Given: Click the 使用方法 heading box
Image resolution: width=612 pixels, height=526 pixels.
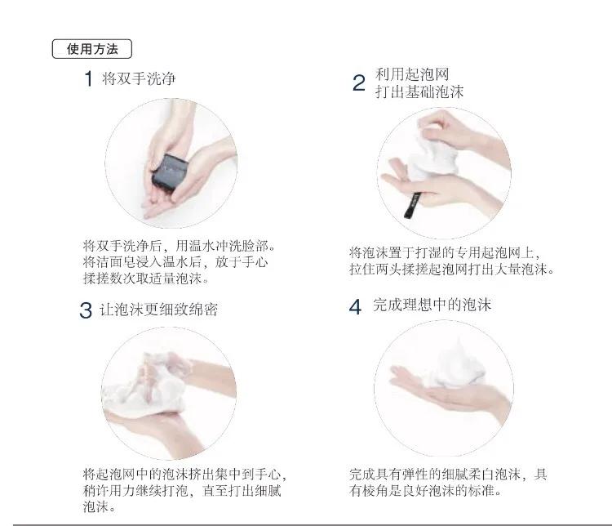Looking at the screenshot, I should tap(91, 49).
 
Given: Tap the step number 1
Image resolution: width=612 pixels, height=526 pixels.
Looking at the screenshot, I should tap(88, 80).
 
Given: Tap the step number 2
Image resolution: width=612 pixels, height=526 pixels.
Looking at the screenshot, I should tap(358, 83).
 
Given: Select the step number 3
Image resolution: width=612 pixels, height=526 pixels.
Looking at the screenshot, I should tap(86, 311).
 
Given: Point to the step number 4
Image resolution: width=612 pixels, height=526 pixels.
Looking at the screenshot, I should tap(355, 307).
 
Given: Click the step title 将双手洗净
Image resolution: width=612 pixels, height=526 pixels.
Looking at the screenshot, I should tap(139, 79).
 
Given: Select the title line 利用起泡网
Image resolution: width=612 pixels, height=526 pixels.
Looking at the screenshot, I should tap(412, 74).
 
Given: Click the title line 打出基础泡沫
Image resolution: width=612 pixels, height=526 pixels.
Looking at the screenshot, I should tap(419, 91).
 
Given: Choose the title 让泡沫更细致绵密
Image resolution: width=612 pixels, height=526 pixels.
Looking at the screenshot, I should tap(159, 310).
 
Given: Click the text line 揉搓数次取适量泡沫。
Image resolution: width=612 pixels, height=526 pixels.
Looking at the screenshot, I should tap(145, 278).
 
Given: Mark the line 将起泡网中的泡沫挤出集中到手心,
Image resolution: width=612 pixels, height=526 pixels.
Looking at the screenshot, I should tap(185, 474).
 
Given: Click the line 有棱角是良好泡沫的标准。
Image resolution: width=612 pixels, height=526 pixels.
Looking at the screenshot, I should tap(425, 491).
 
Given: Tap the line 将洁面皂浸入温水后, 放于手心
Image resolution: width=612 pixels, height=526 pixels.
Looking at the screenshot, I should tap(175, 262).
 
